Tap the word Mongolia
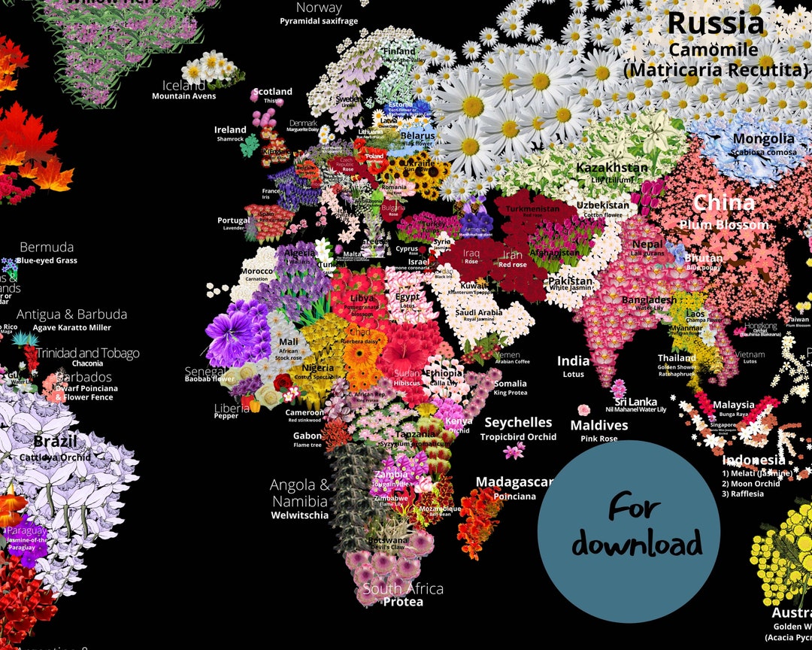point(763,138)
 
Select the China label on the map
point(723,202)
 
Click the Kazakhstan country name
point(611,167)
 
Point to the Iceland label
point(183,85)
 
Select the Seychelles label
point(518,423)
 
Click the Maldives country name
point(598,426)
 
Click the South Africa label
point(403,588)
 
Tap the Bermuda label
point(47,248)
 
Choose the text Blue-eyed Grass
point(47,261)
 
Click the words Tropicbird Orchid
point(518,437)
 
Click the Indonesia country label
point(753,460)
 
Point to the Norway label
point(319,8)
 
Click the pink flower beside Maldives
point(584,410)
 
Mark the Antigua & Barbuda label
point(71,314)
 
